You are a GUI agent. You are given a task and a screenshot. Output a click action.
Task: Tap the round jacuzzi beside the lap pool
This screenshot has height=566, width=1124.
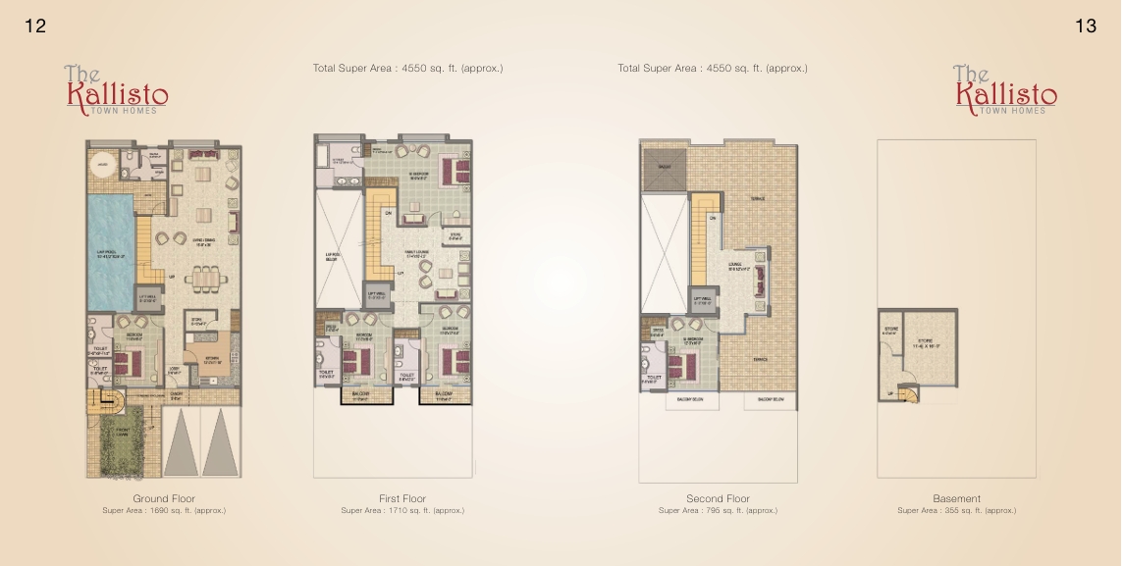pyautogui.click(x=103, y=163)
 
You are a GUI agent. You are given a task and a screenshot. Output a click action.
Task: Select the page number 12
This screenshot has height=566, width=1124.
pyautogui.click(x=35, y=27)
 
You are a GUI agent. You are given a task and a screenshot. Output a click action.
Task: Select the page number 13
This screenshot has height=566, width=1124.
pyautogui.click(x=1086, y=27)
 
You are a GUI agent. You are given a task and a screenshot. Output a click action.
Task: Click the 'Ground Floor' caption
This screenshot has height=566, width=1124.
pyautogui.click(x=164, y=499)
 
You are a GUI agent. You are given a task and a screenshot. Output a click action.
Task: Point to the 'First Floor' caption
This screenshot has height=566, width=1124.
pyautogui.click(x=402, y=499)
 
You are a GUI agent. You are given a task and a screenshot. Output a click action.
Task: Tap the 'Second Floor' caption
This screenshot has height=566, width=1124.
pyautogui.click(x=718, y=499)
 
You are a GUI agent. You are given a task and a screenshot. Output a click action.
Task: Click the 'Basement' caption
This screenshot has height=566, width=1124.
pyautogui.click(x=956, y=499)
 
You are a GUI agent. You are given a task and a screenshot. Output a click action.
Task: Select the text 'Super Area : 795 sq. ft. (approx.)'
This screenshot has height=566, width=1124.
pyautogui.click(x=718, y=511)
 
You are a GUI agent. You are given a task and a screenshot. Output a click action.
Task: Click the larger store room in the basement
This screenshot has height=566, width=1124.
pyautogui.click(x=930, y=347)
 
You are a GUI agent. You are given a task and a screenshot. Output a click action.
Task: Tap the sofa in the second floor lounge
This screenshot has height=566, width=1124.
pyautogui.click(x=760, y=283)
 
